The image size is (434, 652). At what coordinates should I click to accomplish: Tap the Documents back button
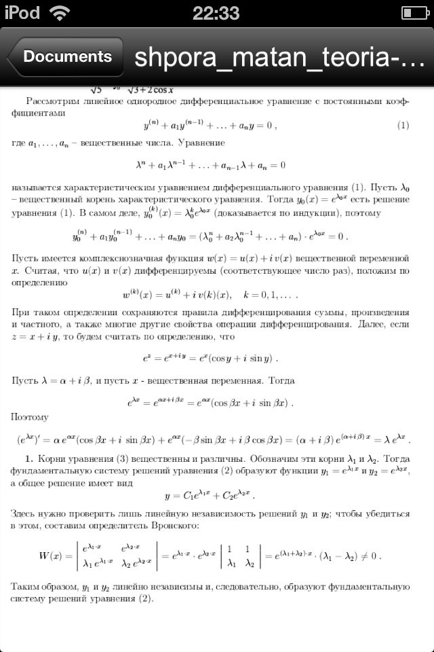pyautogui.click(x=66, y=57)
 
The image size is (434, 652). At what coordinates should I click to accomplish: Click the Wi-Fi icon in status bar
pyautogui.click(x=59, y=13)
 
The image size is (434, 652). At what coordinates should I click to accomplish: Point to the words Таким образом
pyautogui.click(x=46, y=586)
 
